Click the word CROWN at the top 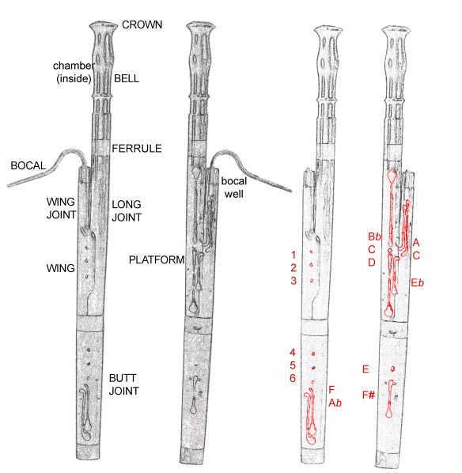coord(142,25)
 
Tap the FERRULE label coord(136,148)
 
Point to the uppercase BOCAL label coord(28,166)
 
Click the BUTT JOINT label coord(124,385)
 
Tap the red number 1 coord(293,254)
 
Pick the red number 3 coord(293,281)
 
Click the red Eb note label coord(418,282)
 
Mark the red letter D coord(370,262)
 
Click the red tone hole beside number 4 coord(314,354)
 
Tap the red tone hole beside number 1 coord(312,254)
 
